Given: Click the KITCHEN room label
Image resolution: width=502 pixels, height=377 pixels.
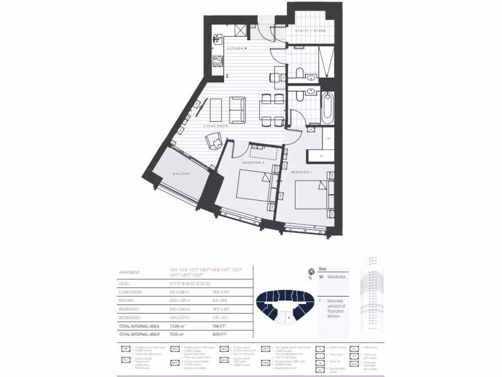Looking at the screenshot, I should pyautogui.click(x=235, y=48).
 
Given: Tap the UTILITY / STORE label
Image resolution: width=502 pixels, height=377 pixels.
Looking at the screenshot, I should pyautogui.click(x=310, y=31).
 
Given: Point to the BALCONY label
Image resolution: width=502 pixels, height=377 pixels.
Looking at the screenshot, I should pyautogui.click(x=181, y=174).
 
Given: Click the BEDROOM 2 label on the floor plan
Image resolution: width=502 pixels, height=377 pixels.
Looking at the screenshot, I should pyautogui.click(x=253, y=162).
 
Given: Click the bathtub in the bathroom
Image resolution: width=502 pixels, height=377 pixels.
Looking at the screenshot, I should pyautogui.click(x=327, y=108).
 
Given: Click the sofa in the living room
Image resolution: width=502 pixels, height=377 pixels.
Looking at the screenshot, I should pyautogui.click(x=238, y=110).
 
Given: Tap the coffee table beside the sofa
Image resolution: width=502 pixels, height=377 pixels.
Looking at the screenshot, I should pyautogui.click(x=216, y=110).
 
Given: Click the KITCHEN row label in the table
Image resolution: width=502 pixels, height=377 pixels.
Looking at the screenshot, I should pyautogui.click(x=127, y=300).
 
